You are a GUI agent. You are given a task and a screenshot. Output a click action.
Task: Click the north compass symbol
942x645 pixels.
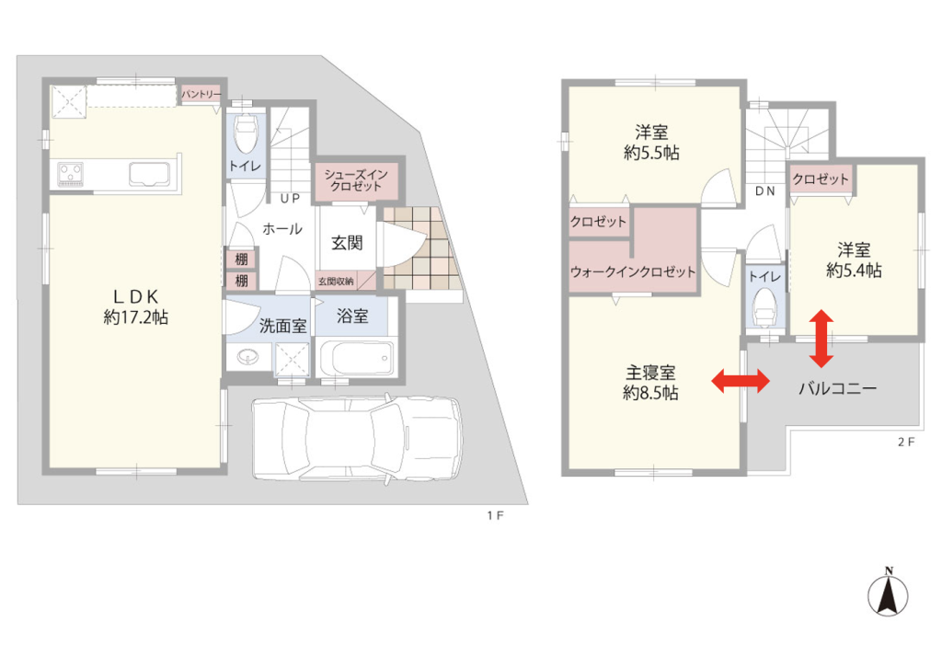[x=888, y=593]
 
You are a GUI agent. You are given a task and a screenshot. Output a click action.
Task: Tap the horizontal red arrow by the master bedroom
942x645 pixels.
[x=741, y=381]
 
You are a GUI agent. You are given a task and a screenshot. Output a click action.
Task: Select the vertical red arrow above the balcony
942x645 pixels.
[x=821, y=339]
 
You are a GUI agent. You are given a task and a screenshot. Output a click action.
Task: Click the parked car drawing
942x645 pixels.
[x=358, y=437]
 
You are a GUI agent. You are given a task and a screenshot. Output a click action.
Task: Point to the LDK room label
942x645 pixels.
[x=136, y=306]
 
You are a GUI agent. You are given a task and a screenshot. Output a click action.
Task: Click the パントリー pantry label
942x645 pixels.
[x=201, y=95]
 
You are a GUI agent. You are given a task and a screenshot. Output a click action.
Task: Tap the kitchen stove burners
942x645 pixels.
[x=70, y=174]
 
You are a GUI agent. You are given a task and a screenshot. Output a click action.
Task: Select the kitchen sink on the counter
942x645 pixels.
[x=150, y=174]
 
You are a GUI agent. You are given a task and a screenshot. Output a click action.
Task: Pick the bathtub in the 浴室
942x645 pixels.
[x=356, y=358]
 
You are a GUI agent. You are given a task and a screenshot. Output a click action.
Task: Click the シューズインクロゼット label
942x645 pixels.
[x=356, y=180]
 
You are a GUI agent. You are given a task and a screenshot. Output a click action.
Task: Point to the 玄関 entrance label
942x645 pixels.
[x=347, y=243]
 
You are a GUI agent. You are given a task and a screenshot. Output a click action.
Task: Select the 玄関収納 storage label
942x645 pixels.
[x=337, y=281]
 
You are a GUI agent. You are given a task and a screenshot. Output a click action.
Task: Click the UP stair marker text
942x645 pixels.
[x=290, y=199]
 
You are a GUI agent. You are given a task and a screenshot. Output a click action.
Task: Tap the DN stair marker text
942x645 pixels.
[x=764, y=191]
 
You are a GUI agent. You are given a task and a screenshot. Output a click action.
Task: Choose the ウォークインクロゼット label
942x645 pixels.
[x=633, y=271]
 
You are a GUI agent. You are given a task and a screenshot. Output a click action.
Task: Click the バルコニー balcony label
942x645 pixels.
[x=837, y=388]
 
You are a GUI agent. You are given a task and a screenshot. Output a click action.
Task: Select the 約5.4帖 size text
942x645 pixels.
[x=854, y=271]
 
